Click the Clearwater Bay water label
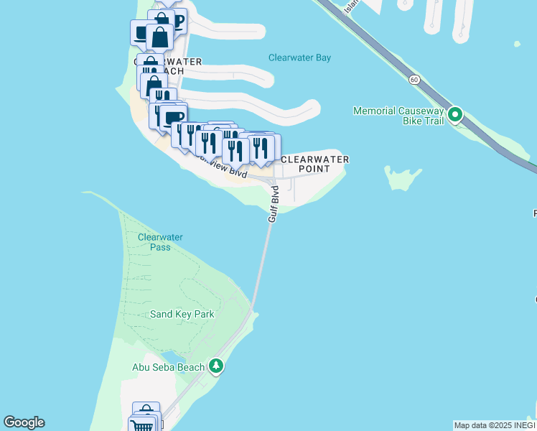click(x=299, y=57)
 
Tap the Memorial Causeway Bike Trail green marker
click(x=454, y=114)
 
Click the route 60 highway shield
click(x=415, y=80)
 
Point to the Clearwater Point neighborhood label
click(x=315, y=164)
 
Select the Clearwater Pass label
click(x=160, y=242)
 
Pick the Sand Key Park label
click(x=182, y=314)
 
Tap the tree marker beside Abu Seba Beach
click(x=216, y=366)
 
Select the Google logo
click(x=24, y=422)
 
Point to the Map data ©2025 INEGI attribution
click(x=495, y=425)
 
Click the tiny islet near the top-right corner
click(x=517, y=45)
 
